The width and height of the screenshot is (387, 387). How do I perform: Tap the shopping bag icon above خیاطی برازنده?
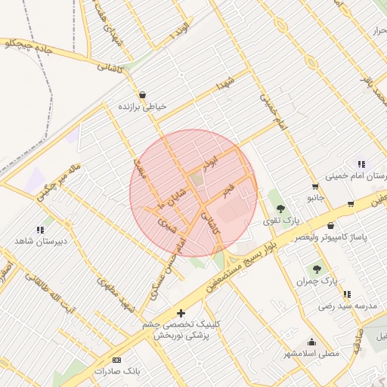coord(142,95)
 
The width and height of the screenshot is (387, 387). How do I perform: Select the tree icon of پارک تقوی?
coord(280,208)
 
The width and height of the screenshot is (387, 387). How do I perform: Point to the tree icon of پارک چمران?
coord(317,268)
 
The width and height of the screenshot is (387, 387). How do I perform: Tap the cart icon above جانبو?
coord(315,186)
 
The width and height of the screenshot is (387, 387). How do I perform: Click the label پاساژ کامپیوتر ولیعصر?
coord(332,238)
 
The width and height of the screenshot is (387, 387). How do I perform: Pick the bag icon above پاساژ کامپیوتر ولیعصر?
coord(331,225)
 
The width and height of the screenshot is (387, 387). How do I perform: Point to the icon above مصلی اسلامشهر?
coord(312,342)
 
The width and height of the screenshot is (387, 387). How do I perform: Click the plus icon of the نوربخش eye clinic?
coord(180,312)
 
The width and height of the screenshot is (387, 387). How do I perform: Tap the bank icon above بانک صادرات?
coord(116,360)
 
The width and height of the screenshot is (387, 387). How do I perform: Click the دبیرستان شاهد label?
coord(41,241)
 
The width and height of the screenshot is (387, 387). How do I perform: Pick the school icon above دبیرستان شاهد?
coord(40,229)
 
